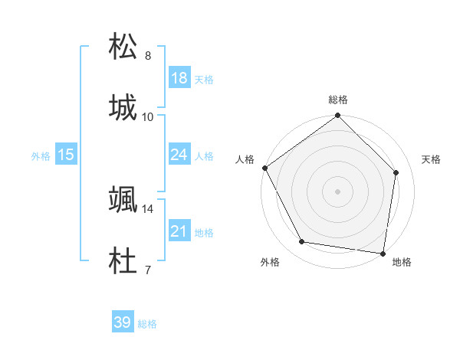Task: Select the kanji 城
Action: (x=123, y=107)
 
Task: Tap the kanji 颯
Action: (x=123, y=200)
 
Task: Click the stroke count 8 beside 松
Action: (x=147, y=56)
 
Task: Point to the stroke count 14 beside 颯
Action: (x=148, y=209)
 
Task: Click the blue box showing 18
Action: (x=179, y=78)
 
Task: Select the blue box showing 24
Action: (x=179, y=155)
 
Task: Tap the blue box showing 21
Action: (x=179, y=231)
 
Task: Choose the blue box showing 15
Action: (x=66, y=155)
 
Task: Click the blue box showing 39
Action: (x=123, y=322)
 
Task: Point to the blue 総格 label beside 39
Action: (x=147, y=324)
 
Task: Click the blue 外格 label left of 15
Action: (x=41, y=156)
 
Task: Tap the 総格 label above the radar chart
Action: (x=337, y=100)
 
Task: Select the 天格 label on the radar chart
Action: (x=431, y=159)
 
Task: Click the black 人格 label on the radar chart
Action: (x=245, y=159)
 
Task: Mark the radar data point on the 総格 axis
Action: (x=337, y=116)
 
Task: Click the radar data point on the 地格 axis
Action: (x=383, y=253)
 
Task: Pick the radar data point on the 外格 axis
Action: (x=302, y=242)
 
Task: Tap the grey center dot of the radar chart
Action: (x=337, y=191)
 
